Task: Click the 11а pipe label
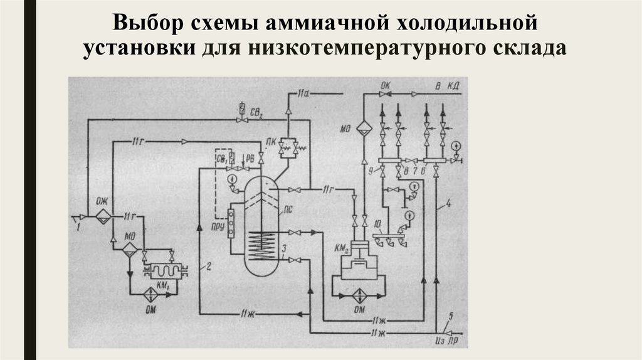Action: (305, 93)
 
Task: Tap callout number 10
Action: (375, 223)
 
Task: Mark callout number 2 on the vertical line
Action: (208, 268)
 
